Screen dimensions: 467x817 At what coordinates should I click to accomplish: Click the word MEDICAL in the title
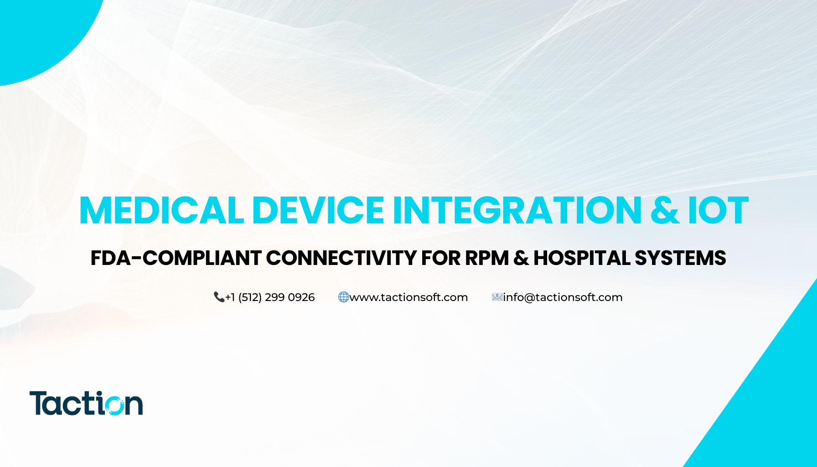click(x=162, y=210)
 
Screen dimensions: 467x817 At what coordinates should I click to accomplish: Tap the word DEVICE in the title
click(x=318, y=210)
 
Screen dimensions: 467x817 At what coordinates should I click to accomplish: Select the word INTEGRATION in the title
click(x=517, y=210)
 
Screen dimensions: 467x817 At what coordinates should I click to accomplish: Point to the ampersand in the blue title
click(x=665, y=210)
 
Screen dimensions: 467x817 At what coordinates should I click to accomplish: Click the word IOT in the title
click(x=718, y=210)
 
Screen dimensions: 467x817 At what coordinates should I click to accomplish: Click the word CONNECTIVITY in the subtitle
click(x=341, y=258)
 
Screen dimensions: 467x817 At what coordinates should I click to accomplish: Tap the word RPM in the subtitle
click(x=486, y=258)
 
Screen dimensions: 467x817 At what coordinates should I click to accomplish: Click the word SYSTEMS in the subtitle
click(x=680, y=258)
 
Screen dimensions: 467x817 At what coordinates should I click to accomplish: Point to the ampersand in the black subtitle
click(x=521, y=258)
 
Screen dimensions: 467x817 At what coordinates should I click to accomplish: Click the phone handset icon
click(x=219, y=297)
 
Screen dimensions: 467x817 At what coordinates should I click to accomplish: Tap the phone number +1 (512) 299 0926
click(x=270, y=297)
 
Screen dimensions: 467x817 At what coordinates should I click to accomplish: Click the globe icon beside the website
click(x=343, y=297)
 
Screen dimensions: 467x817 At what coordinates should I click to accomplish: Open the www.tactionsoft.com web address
click(x=408, y=297)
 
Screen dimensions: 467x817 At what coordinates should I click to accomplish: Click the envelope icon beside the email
click(x=496, y=297)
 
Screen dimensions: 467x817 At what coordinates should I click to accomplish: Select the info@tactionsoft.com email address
click(x=563, y=297)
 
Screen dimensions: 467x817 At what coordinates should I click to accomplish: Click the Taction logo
click(x=86, y=403)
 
